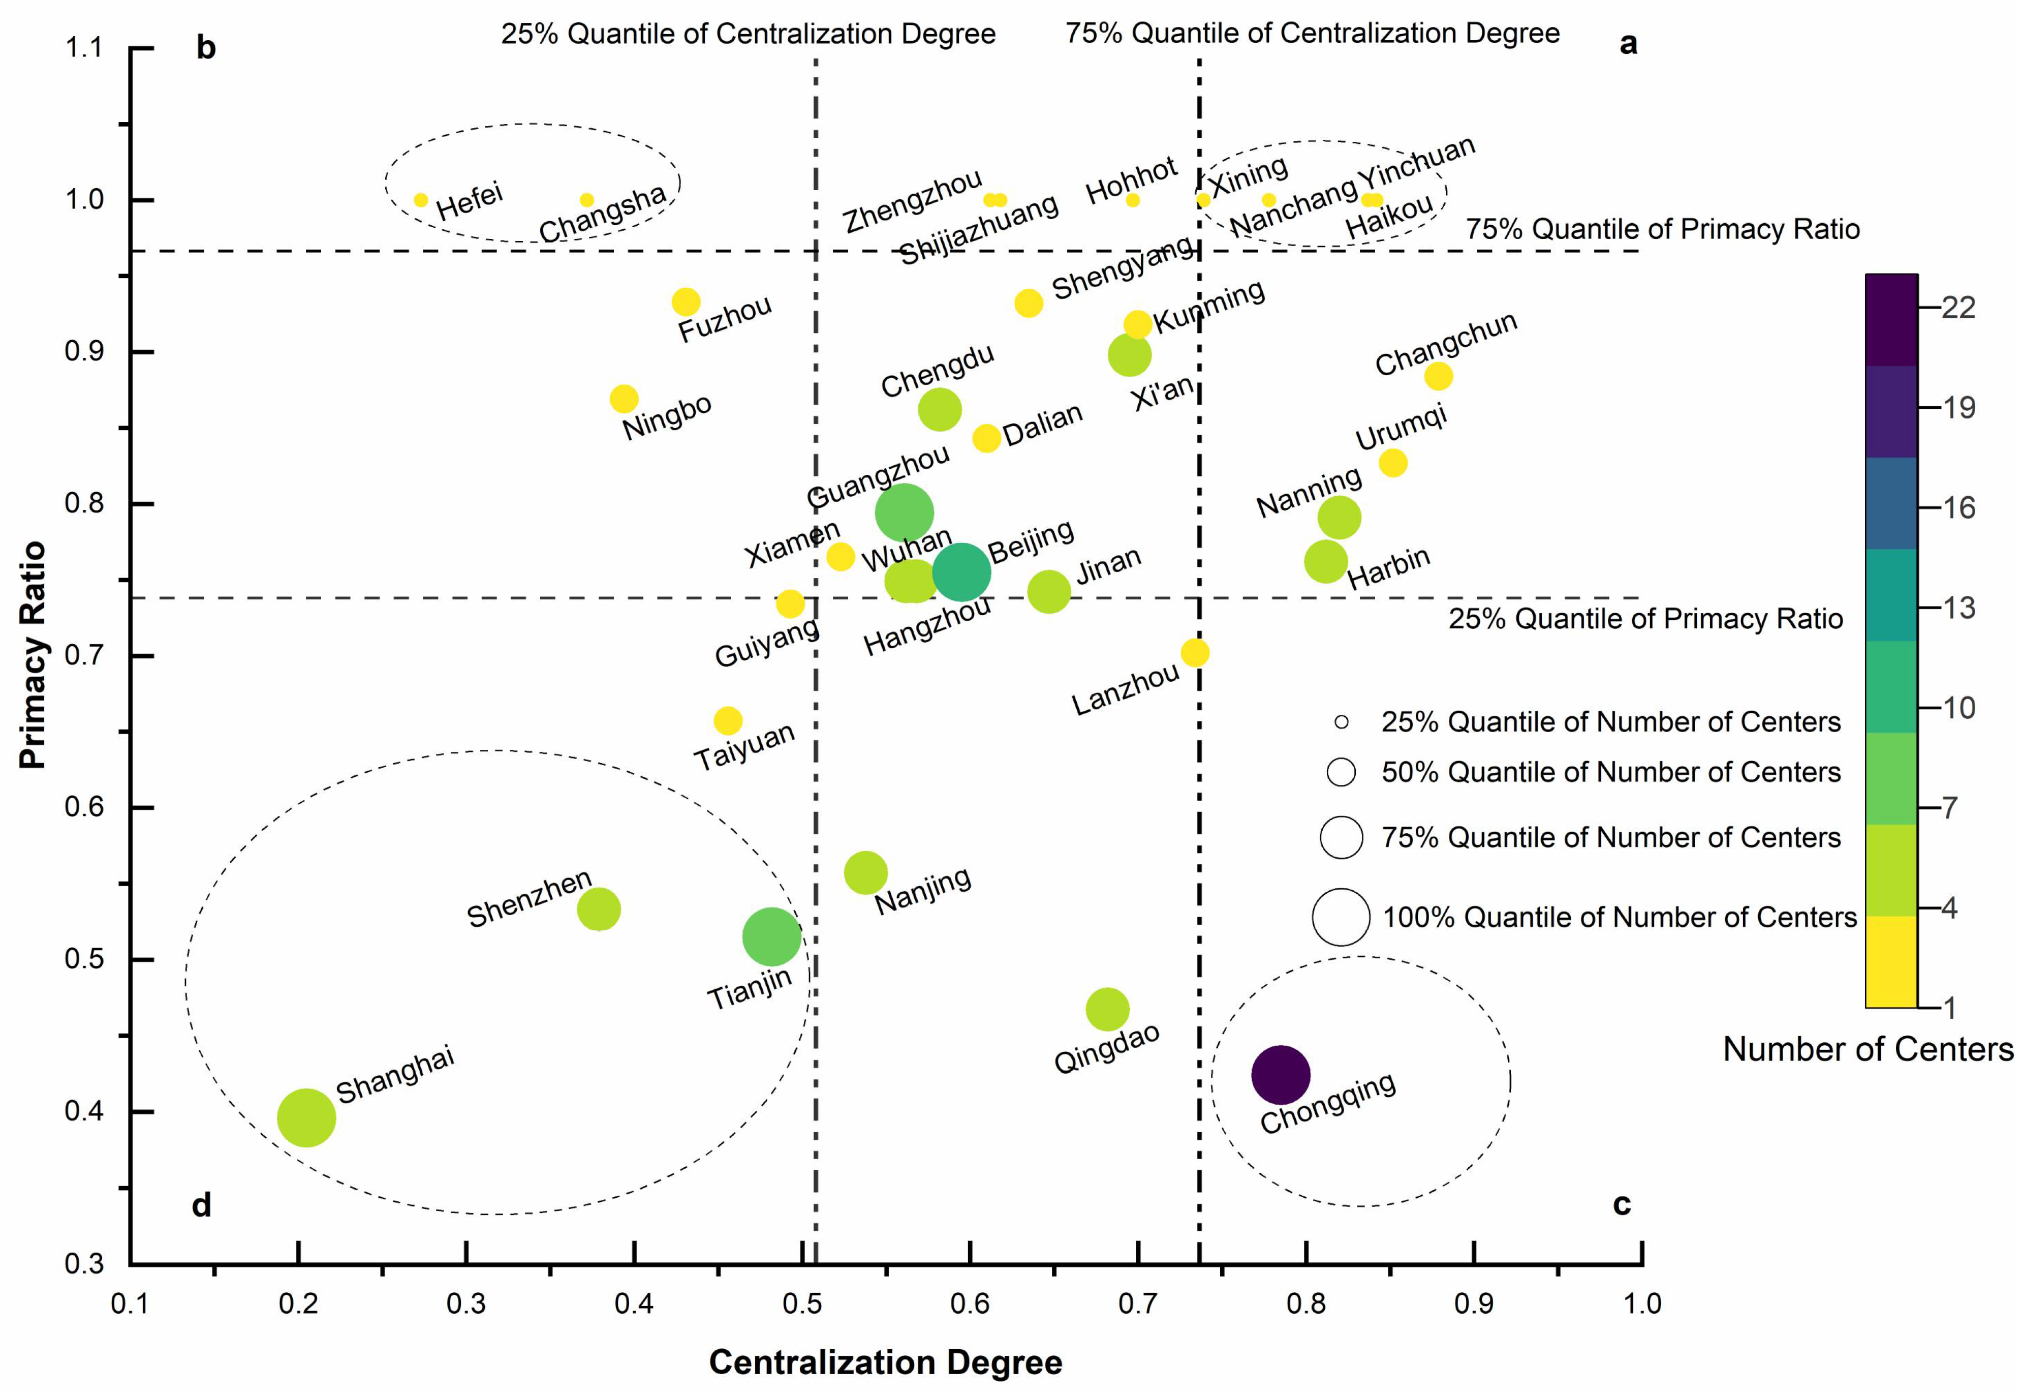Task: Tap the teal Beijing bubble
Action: pyautogui.click(x=961, y=572)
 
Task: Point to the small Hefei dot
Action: pyautogui.click(x=421, y=200)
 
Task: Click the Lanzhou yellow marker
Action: pyautogui.click(x=1194, y=652)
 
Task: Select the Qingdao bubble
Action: pyautogui.click(x=1107, y=1009)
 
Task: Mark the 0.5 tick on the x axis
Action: pyautogui.click(x=801, y=1304)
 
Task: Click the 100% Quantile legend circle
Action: pyautogui.click(x=1341, y=917)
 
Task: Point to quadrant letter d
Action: pyautogui.click(x=202, y=1205)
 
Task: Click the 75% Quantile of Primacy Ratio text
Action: pyautogui.click(x=1662, y=229)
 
